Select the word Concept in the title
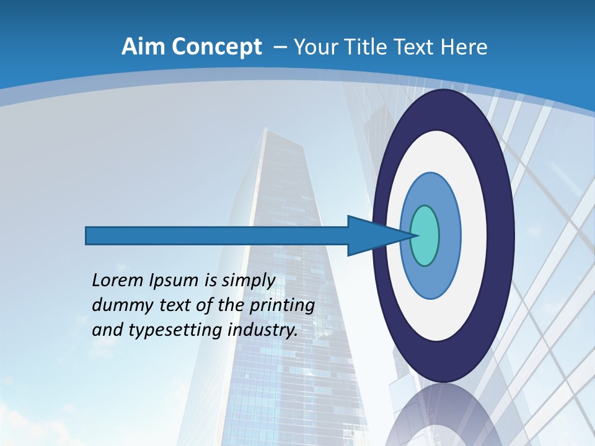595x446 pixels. pos(216,47)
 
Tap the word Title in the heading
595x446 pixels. pos(369,47)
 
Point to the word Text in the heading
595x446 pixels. pos(416,47)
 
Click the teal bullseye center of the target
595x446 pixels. pos(425,235)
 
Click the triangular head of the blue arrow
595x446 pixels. pos(372,235)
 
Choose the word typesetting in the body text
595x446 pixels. pos(176,330)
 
